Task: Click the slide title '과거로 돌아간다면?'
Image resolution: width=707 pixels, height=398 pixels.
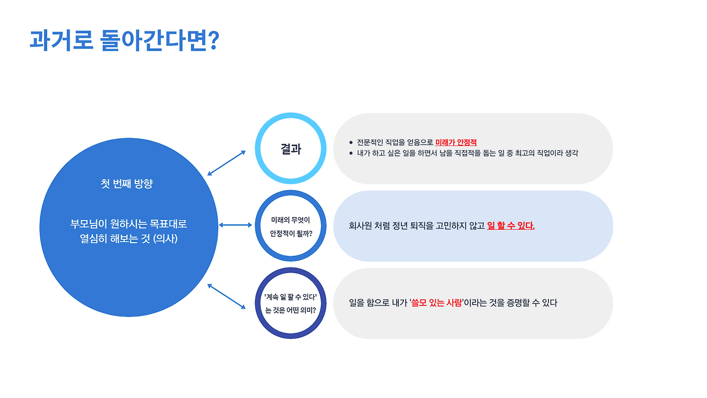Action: pos(124,40)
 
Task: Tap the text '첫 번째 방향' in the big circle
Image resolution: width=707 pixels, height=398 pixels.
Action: pos(126,184)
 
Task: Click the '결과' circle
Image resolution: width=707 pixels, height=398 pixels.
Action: pos(291,149)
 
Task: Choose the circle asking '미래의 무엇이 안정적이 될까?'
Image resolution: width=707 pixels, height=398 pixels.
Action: pos(291,226)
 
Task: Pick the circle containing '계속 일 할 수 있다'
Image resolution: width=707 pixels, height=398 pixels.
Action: pos(291,303)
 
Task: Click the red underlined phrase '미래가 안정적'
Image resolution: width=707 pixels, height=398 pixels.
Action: pos(456,143)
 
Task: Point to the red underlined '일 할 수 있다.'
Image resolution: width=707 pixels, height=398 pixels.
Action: pos(511,226)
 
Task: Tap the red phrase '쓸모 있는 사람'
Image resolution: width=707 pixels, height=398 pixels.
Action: pos(436,303)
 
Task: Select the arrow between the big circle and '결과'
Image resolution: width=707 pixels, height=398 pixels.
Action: pos(226,163)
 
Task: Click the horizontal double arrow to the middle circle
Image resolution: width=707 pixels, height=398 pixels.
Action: pos(235,225)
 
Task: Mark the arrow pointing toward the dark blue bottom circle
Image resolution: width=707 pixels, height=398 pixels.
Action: pos(226,296)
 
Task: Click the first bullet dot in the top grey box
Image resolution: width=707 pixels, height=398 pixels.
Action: pos(351,143)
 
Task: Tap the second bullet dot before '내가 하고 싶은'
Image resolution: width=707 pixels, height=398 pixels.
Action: pos(351,153)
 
